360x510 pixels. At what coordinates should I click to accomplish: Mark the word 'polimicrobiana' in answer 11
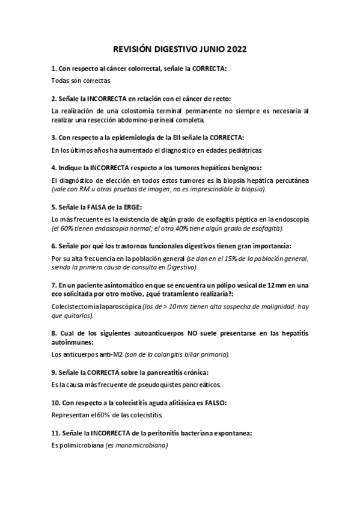click(81, 446)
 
